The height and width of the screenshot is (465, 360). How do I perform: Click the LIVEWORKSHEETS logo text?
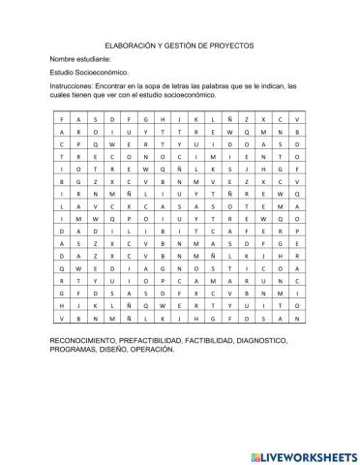[x=301, y=453]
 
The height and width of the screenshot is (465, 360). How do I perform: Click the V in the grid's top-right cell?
[x=297, y=117]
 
